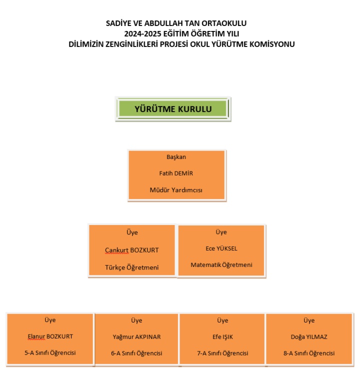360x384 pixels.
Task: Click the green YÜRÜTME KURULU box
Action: (173, 109)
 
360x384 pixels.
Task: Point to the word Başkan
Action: (176, 157)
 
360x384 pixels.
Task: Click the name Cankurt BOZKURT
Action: (132, 250)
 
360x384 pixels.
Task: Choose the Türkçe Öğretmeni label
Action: (131, 267)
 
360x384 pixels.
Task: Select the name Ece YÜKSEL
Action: (221, 248)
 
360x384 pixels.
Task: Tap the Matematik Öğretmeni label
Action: (221, 264)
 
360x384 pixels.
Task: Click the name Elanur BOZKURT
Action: (50, 336)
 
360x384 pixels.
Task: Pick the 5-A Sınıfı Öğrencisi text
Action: (50, 353)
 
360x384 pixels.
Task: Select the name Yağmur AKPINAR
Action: (136, 336)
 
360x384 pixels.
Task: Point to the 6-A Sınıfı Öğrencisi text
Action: (136, 353)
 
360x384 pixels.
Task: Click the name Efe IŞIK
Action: (222, 336)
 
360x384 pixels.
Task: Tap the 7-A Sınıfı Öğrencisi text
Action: (222, 353)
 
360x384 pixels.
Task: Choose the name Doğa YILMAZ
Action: (308, 336)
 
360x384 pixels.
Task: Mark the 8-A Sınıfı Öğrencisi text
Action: (308, 353)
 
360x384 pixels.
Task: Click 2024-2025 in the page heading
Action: (144, 33)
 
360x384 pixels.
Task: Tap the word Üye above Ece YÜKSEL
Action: (221, 232)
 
